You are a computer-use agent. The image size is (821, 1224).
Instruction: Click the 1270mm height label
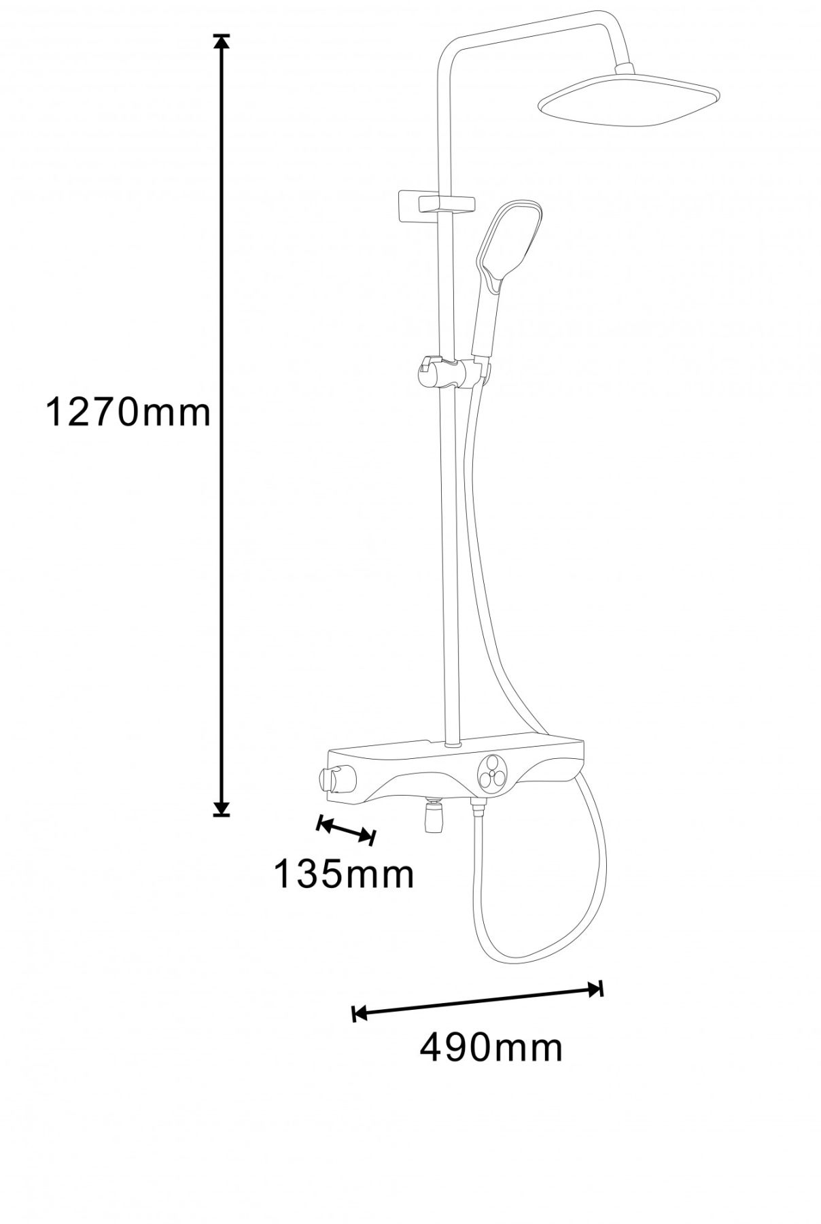(128, 413)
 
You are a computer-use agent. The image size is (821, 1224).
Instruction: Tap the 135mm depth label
(344, 874)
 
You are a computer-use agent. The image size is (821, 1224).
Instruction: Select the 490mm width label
(491, 1048)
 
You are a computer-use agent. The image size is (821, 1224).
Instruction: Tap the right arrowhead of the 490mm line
(595, 989)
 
